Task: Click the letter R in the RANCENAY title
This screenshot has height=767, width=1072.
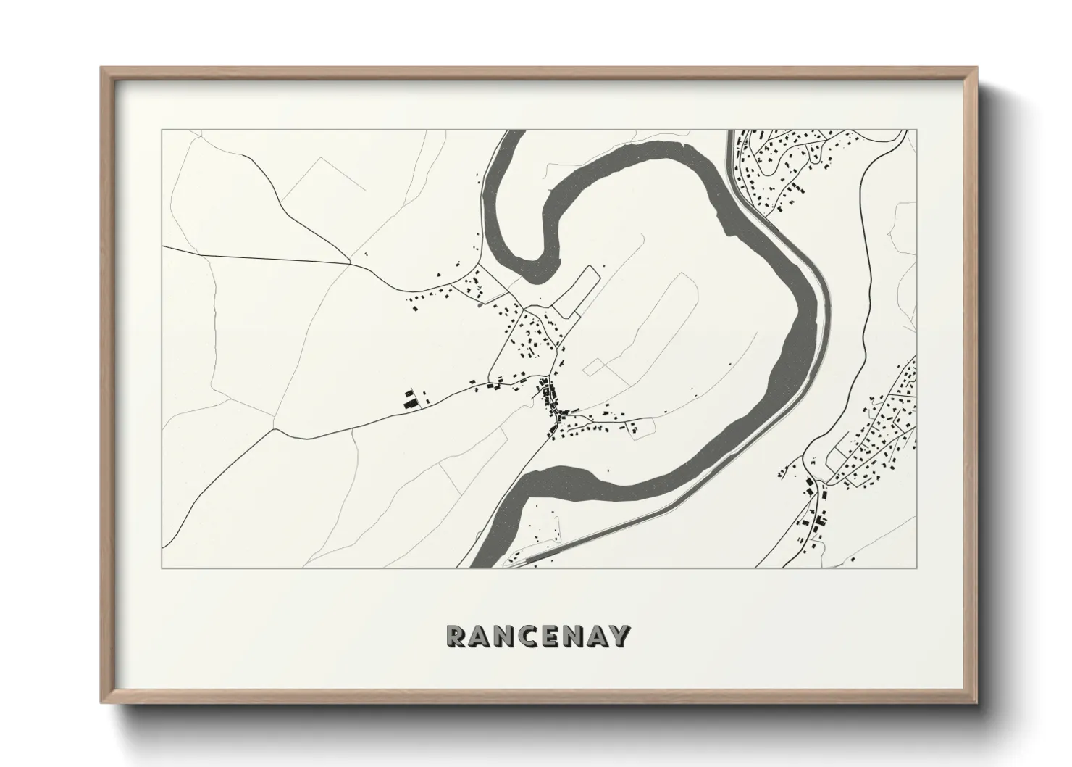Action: click(458, 636)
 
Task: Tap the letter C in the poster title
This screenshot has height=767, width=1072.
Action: click(532, 636)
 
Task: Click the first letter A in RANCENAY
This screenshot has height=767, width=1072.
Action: click(482, 636)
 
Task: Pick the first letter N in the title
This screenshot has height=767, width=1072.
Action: click(507, 636)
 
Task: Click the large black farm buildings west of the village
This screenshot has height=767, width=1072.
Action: click(411, 399)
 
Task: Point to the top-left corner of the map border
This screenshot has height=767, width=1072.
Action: click(162, 130)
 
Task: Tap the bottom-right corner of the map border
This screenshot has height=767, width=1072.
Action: click(916, 568)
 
